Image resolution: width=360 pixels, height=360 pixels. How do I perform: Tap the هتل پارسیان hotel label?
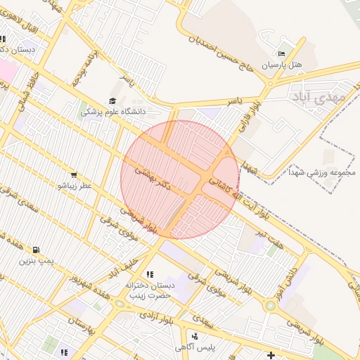point(282,64)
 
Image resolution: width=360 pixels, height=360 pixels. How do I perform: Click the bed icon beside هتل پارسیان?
point(282,53)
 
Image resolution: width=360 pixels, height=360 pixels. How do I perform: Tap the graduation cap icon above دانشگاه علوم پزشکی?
point(112,101)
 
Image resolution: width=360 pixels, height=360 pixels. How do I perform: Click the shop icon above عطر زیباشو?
point(74,175)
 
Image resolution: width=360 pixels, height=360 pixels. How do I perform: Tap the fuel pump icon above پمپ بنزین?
point(36,250)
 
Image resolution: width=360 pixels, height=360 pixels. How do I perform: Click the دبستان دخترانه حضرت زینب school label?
point(149,290)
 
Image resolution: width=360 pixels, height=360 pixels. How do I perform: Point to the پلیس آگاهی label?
point(214,347)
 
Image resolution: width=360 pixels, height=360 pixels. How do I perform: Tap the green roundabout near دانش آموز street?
point(270,306)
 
